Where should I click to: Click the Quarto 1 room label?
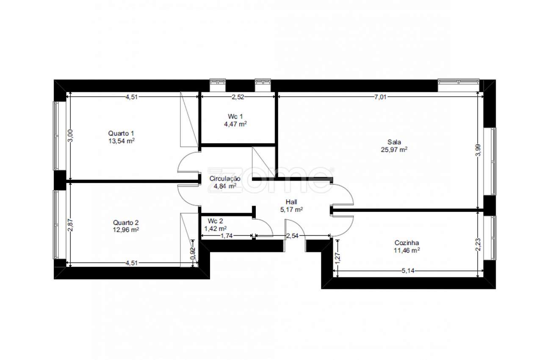[x=121, y=133]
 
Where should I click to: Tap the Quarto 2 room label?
[x=126, y=223]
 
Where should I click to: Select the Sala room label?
[x=394, y=142]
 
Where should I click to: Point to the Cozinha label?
[x=407, y=243]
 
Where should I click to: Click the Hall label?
[x=291, y=202]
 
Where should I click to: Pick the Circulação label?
[x=225, y=179]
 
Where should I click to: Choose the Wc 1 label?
[x=235, y=116]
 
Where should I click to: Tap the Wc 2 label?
[x=216, y=221]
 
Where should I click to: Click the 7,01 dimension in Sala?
[x=380, y=97]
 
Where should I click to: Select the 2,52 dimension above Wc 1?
[x=238, y=97]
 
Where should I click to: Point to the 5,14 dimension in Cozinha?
[x=408, y=271]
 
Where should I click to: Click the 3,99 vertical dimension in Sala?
[x=478, y=150]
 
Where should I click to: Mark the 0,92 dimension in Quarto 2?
[x=193, y=253]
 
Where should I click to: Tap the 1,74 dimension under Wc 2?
[x=227, y=235]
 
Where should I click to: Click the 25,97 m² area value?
[x=394, y=150]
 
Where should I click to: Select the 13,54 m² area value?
[x=122, y=141]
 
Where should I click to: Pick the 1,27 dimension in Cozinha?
[x=338, y=258]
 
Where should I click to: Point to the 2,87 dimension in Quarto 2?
[x=70, y=225]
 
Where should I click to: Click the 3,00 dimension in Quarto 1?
[x=70, y=136]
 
